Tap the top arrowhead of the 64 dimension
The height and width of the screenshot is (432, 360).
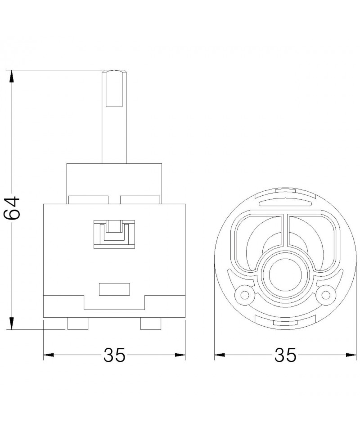tap(12, 76)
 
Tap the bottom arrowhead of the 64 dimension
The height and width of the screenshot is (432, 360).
tap(12, 323)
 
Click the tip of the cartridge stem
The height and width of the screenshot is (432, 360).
tap(114, 71)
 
